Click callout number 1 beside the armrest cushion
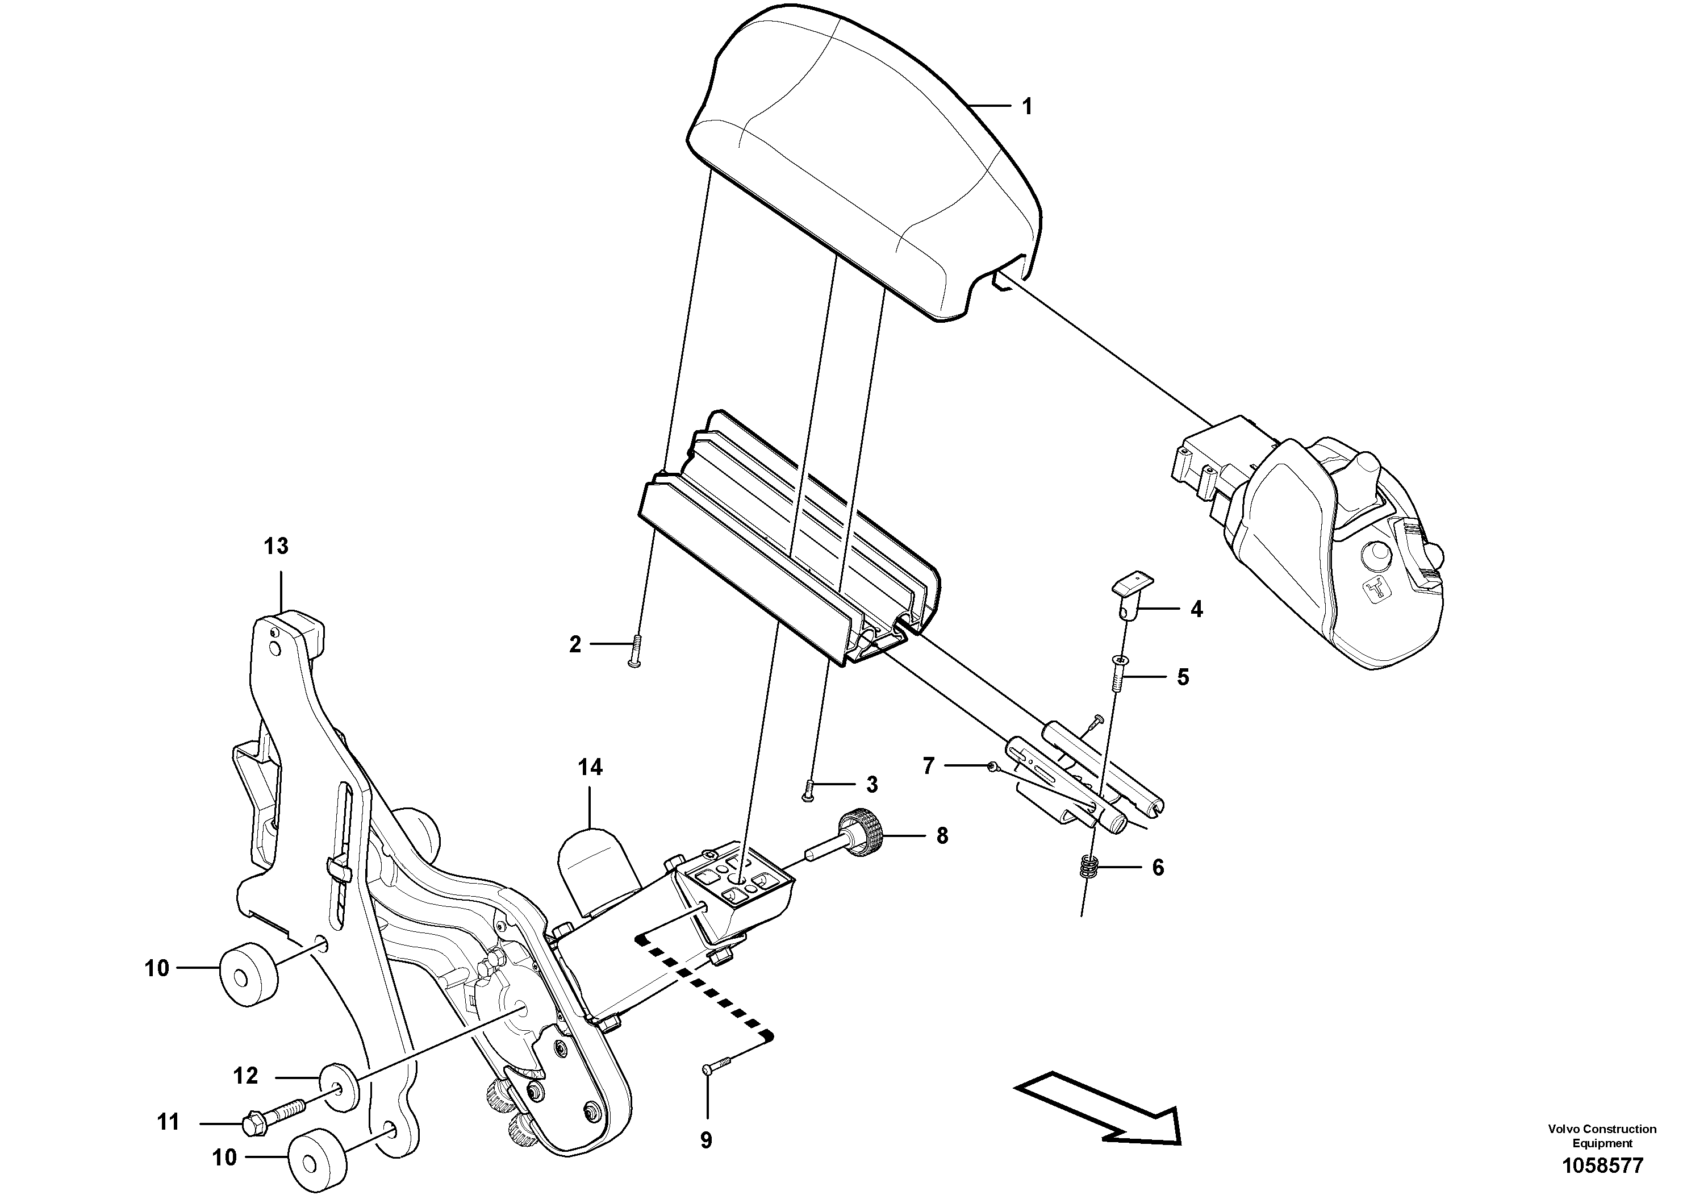(x=1026, y=107)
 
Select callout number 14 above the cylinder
(x=590, y=768)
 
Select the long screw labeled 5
(x=1120, y=674)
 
